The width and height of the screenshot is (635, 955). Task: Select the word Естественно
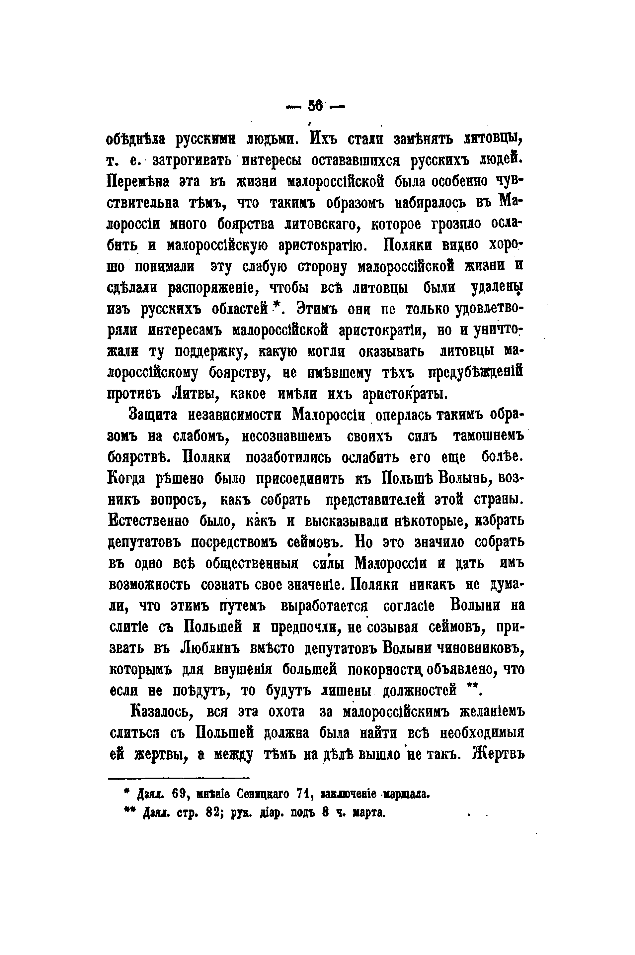pyautogui.click(x=149, y=521)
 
